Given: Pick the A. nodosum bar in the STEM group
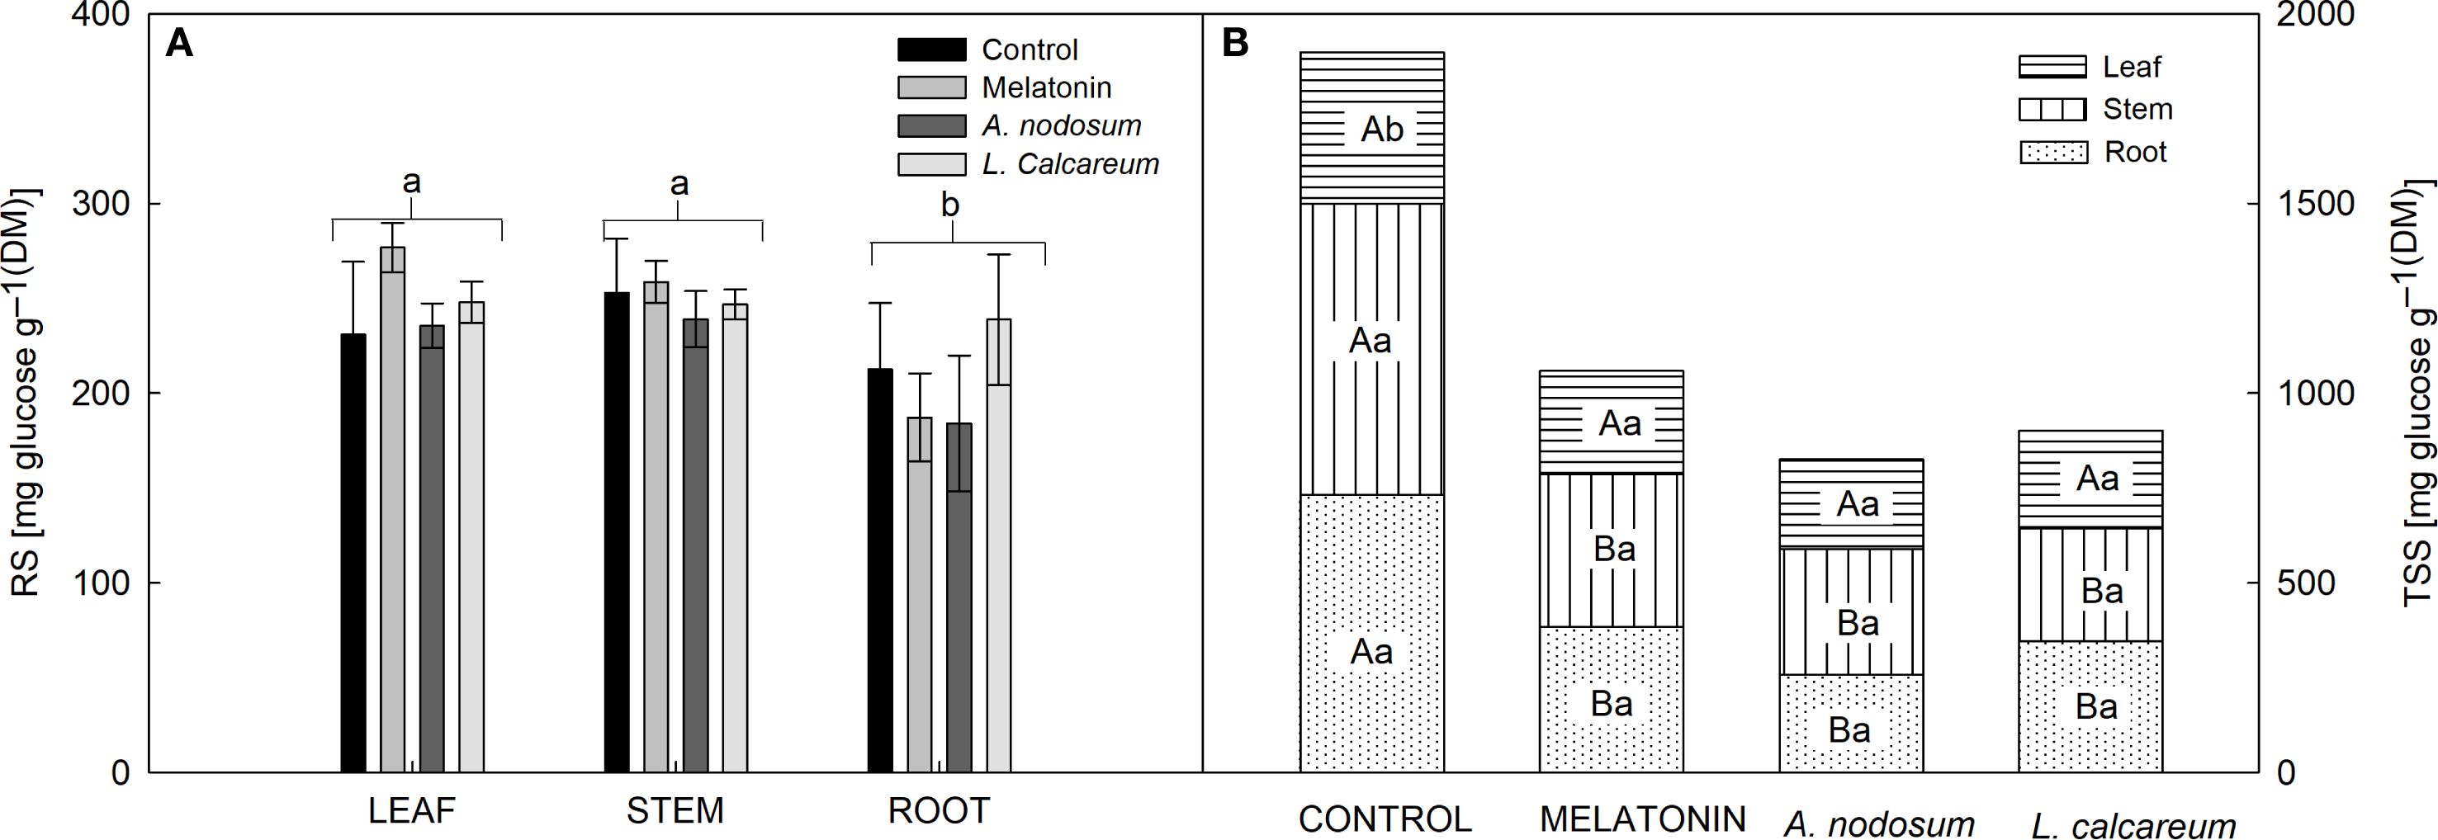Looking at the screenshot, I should pyautogui.click(x=696, y=545).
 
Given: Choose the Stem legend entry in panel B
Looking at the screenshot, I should pyautogui.click(x=2137, y=110).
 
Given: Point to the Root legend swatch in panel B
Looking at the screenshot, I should pyautogui.click(x=2052, y=153).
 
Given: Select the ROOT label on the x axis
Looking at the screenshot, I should pyautogui.click(x=938, y=810).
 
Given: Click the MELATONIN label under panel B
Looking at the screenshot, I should pyautogui.click(x=1643, y=819).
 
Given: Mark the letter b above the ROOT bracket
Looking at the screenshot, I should pyautogui.click(x=951, y=205).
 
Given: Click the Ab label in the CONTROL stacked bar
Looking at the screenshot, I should pyautogui.click(x=1382, y=130).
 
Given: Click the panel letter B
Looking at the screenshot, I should pyautogui.click(x=1235, y=44).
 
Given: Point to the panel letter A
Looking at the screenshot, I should pyautogui.click(x=179, y=44).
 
